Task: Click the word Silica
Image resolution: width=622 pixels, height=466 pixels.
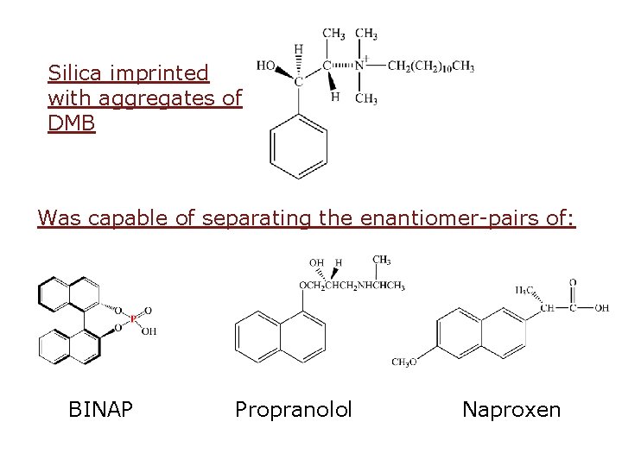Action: [75, 72]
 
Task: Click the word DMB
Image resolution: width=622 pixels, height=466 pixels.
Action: [72, 123]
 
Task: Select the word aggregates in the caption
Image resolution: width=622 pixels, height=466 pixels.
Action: [161, 98]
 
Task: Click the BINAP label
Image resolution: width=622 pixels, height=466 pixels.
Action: [100, 409]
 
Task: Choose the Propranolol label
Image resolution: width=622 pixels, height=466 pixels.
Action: [294, 409]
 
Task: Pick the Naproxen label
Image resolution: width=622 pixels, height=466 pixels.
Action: [511, 409]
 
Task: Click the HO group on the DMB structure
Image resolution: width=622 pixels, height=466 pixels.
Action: [267, 65]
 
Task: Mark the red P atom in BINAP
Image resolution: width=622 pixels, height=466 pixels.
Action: [133, 319]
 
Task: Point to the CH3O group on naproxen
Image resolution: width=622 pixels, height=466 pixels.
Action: [403, 362]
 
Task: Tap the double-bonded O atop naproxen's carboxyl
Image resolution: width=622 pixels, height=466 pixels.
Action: [573, 282]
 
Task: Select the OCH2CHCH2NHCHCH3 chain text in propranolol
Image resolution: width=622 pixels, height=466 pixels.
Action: [351, 286]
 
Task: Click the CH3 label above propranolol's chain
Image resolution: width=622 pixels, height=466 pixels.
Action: [381, 260]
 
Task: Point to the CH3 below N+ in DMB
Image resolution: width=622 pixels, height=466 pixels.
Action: [365, 99]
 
